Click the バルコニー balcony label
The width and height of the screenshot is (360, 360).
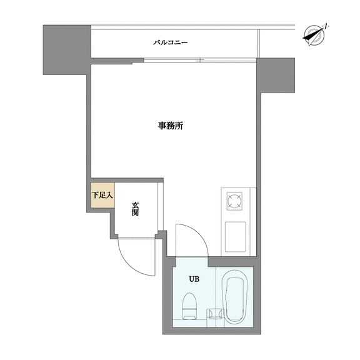click(171, 42)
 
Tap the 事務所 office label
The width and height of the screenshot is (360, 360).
click(171, 126)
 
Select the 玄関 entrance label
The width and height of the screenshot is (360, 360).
click(135, 209)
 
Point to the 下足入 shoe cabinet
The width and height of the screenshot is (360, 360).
click(102, 195)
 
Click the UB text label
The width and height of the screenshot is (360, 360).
click(194, 279)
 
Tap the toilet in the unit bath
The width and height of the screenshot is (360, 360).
click(189, 306)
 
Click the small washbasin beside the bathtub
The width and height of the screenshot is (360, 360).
click(216, 313)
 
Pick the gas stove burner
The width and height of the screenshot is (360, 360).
click(234, 201)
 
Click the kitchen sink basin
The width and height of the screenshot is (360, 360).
click(236, 237)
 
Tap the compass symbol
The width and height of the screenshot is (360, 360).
click(314, 35)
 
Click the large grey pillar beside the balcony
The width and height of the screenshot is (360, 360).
click(67, 50)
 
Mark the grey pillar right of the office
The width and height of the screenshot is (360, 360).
click(276, 75)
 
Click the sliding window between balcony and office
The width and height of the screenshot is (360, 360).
click(200, 61)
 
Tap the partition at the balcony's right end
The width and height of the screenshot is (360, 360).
click(259, 44)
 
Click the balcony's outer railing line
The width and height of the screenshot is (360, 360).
click(193, 27)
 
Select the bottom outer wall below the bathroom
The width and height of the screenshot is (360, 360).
click(212, 331)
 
